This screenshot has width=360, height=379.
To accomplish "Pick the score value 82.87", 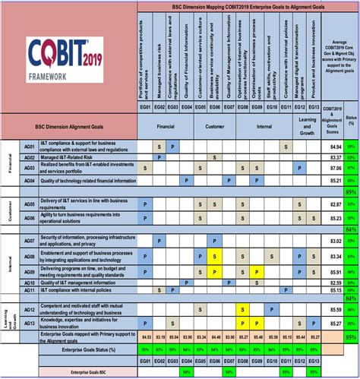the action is pos(331,204).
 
